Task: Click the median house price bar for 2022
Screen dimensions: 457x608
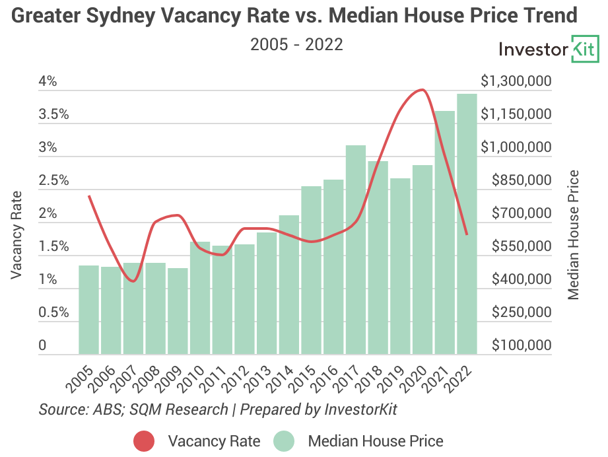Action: tap(467, 225)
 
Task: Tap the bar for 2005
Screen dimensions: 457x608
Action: tap(89, 310)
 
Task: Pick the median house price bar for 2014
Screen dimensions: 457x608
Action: tap(289, 285)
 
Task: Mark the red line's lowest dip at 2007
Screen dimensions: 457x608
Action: tap(133, 281)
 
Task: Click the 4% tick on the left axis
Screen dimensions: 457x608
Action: tap(48, 82)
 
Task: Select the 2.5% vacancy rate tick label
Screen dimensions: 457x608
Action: tap(53, 181)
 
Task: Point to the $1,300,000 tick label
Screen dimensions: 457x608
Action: tap(516, 82)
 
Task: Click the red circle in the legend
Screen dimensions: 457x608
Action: tap(144, 440)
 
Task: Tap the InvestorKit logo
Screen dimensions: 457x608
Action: tap(548, 50)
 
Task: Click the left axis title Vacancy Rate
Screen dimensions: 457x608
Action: tap(17, 234)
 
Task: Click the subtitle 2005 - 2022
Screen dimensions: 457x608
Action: tap(296, 45)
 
